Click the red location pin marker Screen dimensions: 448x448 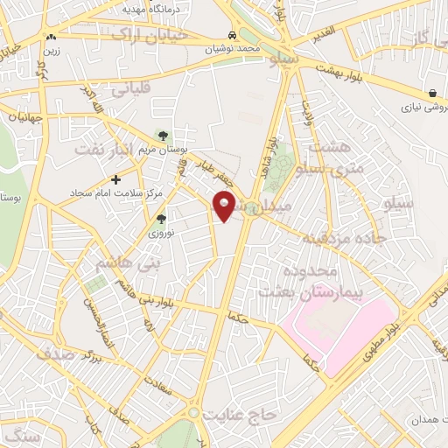[x=225, y=207]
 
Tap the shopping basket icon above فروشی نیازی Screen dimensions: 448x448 [x=433, y=93]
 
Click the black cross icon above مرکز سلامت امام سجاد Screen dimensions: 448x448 [x=116, y=178]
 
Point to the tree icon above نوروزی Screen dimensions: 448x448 [x=160, y=220]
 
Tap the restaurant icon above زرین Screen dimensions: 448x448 [x=52, y=38]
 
